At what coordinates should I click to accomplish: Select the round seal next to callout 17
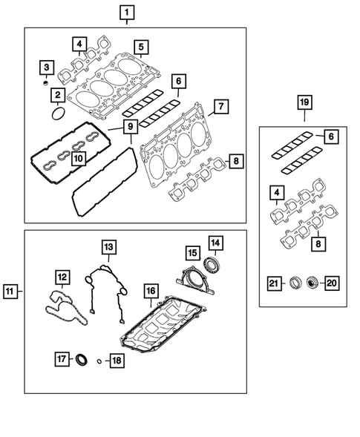[82, 360]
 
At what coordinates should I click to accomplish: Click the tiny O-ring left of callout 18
[98, 361]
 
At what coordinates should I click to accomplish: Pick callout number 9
[129, 127]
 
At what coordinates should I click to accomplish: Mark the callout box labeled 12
[62, 276]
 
